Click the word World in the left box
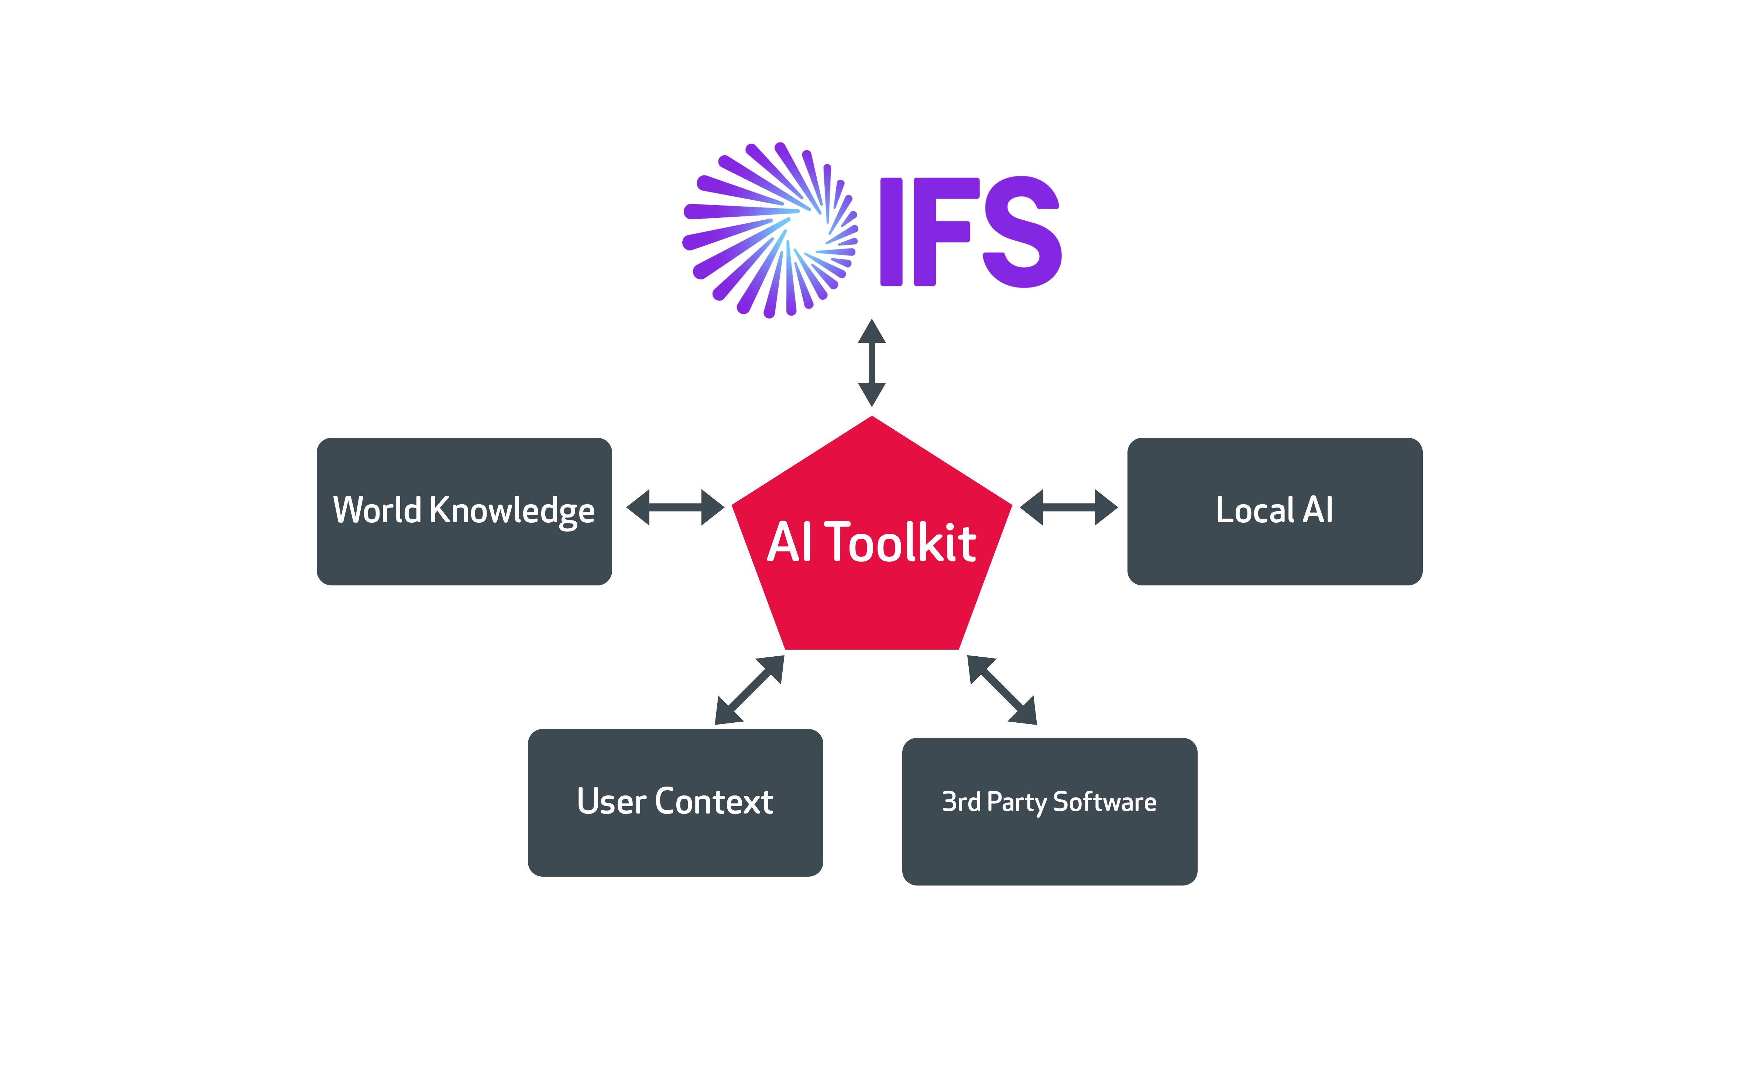point(377,510)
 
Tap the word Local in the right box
point(1255,510)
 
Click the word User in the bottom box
point(611,802)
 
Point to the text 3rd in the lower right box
point(961,802)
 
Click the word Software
point(1105,802)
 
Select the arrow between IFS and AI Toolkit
point(872,362)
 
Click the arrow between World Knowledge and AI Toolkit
point(675,508)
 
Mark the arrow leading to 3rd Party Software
point(1002,690)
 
